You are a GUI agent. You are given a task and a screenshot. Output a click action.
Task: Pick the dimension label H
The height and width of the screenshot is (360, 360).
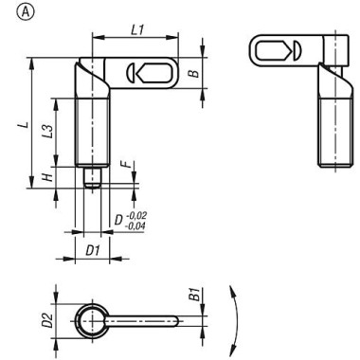point(45,178)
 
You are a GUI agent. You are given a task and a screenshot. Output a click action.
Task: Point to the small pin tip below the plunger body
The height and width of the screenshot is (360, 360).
point(92,179)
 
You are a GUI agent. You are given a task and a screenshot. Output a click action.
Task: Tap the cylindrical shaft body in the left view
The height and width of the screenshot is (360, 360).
point(92,133)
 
